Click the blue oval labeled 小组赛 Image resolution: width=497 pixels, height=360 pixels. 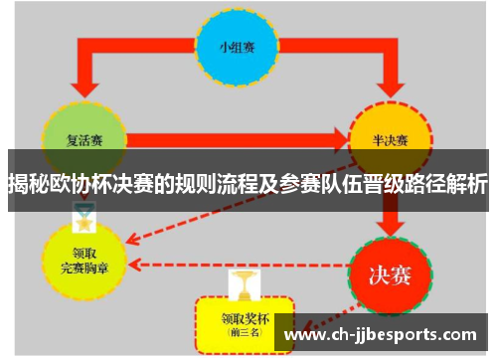pos(238,46)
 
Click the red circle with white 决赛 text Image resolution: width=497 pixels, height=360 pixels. pos(390,270)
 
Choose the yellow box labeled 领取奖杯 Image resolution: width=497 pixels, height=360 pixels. pos(244,320)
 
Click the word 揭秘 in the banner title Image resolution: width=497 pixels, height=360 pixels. pos(29,185)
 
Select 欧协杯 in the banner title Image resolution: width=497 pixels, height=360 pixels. pos(85,185)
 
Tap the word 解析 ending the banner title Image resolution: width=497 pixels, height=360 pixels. pos(466,185)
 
